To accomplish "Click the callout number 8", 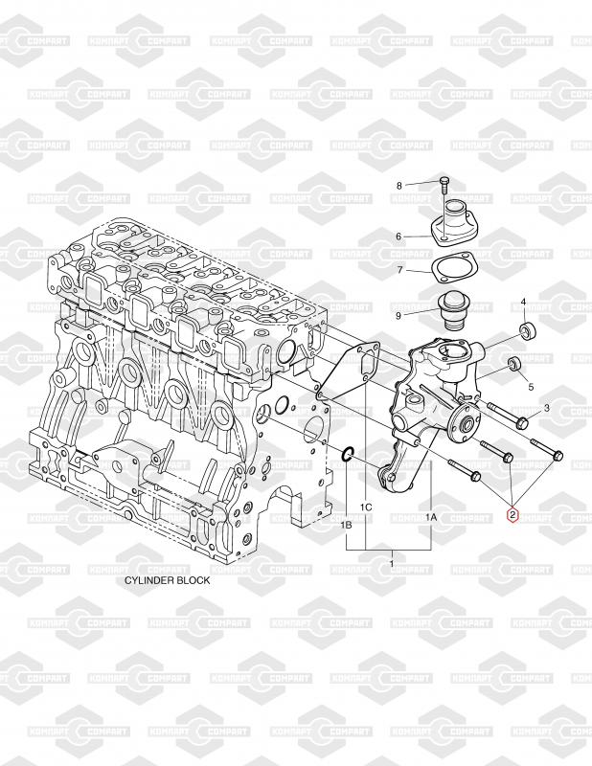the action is tap(398, 186).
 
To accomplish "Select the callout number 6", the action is tap(398, 237).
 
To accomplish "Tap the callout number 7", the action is tap(399, 270).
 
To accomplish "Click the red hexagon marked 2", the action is tap(512, 515).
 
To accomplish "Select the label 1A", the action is tap(431, 517).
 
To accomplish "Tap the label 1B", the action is tap(347, 526).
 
